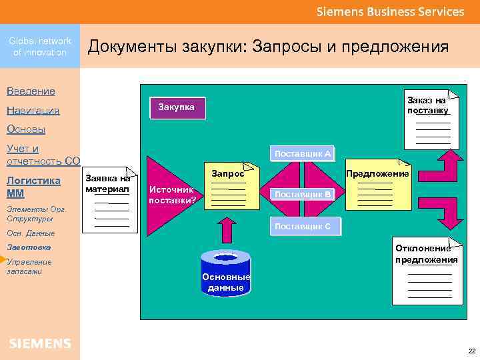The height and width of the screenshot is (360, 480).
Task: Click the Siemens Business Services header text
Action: (390, 12)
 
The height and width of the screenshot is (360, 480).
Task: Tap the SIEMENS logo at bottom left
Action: (40, 343)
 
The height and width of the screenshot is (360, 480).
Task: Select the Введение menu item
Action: (31, 91)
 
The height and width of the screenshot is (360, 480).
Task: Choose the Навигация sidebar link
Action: (33, 110)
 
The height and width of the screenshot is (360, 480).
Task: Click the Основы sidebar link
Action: (26, 129)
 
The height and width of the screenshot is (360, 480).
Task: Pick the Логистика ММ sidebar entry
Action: (33, 187)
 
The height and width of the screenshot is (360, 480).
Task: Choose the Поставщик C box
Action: (303, 226)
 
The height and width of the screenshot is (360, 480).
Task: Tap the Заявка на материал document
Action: (109, 198)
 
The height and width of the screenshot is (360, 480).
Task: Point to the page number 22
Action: (472, 351)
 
